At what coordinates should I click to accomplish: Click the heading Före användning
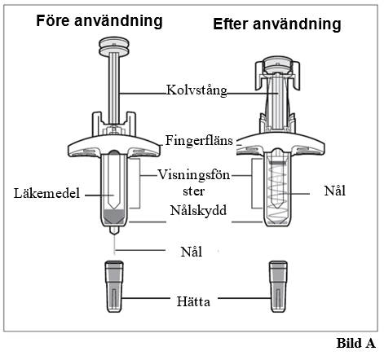click(99, 21)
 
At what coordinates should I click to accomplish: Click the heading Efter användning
click(277, 24)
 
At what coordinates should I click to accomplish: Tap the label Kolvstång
click(196, 90)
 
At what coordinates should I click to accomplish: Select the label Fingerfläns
click(199, 141)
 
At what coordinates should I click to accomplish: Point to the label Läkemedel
click(46, 193)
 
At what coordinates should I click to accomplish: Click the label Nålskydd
click(198, 210)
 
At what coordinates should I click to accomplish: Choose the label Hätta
click(193, 301)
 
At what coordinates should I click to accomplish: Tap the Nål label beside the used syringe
click(335, 191)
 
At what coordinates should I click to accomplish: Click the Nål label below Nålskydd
click(192, 252)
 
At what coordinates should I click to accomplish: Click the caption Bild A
click(356, 343)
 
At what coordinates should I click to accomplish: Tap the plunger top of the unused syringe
click(114, 46)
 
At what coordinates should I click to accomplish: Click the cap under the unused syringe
click(114, 287)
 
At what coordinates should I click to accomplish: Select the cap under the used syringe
click(278, 287)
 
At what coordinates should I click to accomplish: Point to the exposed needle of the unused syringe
click(114, 244)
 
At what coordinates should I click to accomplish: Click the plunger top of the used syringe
click(277, 64)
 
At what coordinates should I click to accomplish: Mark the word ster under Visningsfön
click(193, 191)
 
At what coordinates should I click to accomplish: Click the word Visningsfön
click(194, 174)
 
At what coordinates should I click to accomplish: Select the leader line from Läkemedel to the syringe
click(99, 195)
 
